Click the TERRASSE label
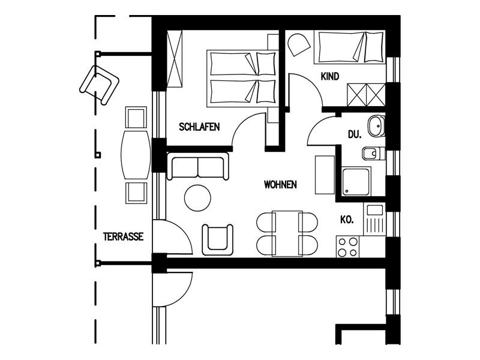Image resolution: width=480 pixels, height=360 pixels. [123, 236]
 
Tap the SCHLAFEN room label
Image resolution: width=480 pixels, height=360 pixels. [199, 127]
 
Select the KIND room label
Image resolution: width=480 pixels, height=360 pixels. [330, 76]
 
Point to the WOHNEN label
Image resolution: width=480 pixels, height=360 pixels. [280, 185]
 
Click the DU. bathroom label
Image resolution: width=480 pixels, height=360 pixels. [355, 134]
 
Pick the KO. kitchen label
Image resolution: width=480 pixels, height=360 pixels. [347, 220]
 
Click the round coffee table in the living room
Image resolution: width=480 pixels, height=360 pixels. [197, 198]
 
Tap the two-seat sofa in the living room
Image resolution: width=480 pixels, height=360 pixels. [197, 166]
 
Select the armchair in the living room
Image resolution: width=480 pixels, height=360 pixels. [217, 239]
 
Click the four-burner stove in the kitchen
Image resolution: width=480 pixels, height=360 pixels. [348, 247]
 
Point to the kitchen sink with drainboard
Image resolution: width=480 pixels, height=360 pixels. [374, 219]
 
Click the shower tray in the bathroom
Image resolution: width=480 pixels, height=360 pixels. [356, 181]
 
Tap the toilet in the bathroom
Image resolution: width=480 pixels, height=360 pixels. [373, 154]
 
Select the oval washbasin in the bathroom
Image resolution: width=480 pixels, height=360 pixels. [377, 126]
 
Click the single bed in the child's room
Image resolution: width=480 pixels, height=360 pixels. [350, 47]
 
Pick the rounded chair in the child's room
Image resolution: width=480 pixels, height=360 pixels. [298, 45]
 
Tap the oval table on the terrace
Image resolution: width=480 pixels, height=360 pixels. [136, 155]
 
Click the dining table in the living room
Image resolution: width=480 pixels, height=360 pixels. [287, 233]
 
